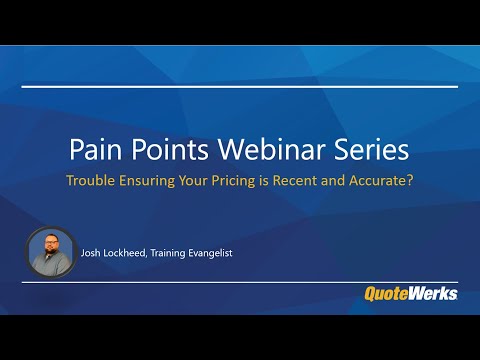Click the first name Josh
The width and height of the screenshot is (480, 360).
pyautogui.click(x=95, y=253)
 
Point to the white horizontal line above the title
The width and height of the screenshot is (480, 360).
pyautogui.click(x=240, y=87)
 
